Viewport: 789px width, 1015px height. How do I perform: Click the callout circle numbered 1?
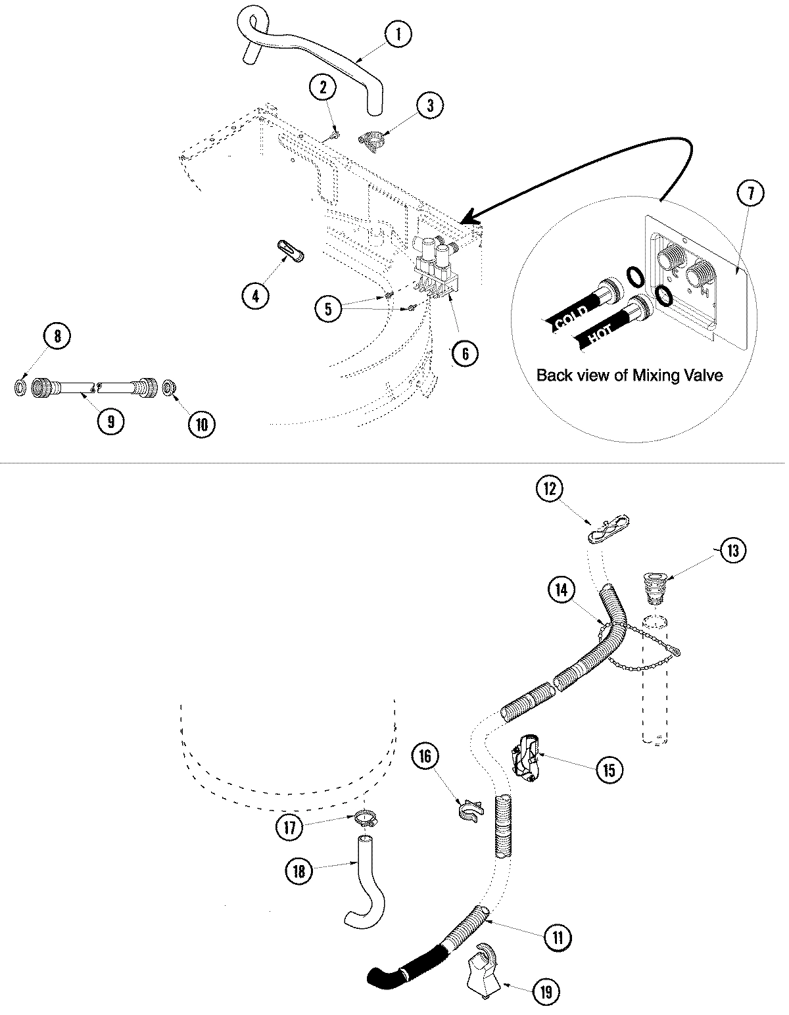click(x=398, y=34)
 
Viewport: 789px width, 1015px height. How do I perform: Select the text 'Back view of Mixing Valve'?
click(x=629, y=375)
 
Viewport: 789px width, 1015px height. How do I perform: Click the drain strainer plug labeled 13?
click(x=655, y=587)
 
